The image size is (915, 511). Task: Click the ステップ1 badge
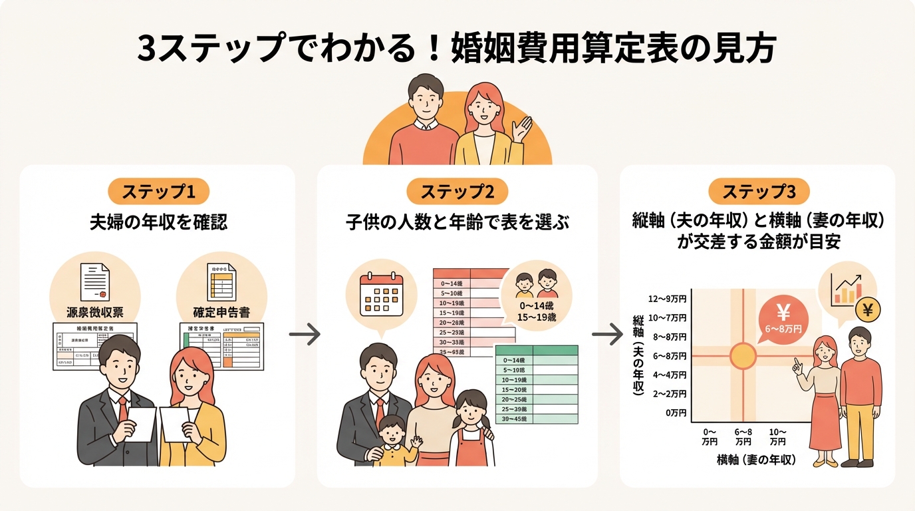coord(158,192)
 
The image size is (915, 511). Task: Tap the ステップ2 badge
coord(457,192)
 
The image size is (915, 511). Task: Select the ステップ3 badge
coord(758,192)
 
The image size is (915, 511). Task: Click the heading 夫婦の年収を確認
coord(158,222)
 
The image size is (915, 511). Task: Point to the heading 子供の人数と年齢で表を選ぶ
coord(457,222)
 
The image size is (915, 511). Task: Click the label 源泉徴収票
coord(94,311)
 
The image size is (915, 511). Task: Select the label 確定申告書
coord(221,311)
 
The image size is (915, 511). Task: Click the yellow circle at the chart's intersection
coord(743,356)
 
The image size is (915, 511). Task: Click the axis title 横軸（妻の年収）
coord(756,460)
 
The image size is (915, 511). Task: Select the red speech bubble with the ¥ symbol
coord(783,316)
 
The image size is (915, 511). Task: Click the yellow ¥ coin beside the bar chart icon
coord(866,309)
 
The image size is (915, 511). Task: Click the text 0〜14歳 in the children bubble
coord(536,305)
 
